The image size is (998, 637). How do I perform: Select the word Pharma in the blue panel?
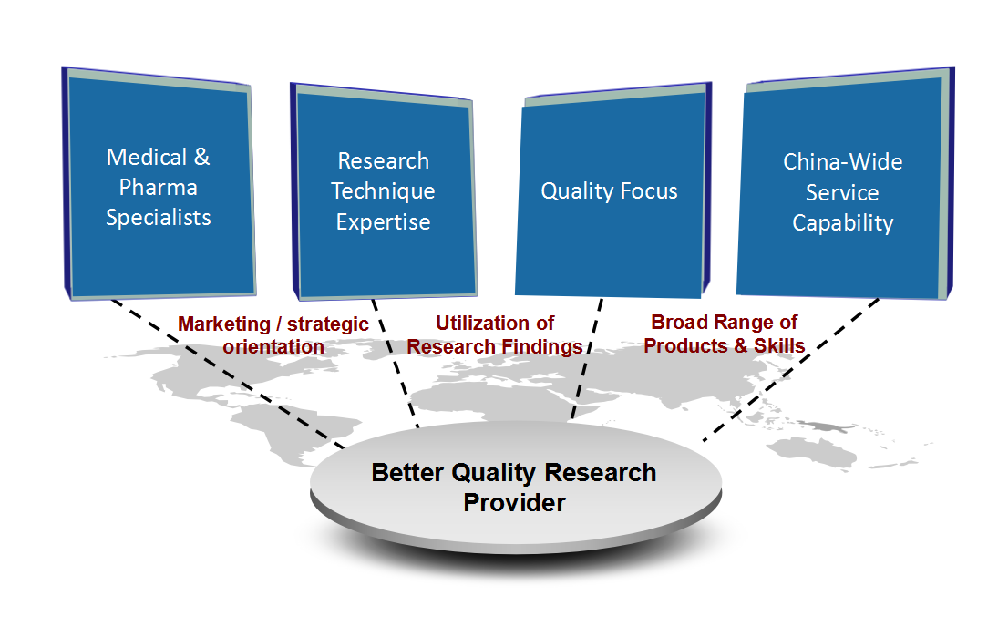pos(159,188)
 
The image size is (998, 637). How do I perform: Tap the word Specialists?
pos(159,218)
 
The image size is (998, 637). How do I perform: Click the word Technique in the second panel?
pos(383,191)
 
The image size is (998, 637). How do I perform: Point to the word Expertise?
pos(383,222)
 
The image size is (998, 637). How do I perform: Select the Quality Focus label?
pos(609,191)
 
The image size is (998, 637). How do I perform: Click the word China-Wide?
pos(842,162)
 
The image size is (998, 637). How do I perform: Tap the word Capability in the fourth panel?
pos(842,223)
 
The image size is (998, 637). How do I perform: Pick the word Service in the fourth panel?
pos(842,193)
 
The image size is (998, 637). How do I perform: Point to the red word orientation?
pos(273,347)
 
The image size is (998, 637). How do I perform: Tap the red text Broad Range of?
pos(724,323)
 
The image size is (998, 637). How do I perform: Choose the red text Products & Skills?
pos(725,345)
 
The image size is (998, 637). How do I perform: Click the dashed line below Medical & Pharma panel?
pos(228,374)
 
